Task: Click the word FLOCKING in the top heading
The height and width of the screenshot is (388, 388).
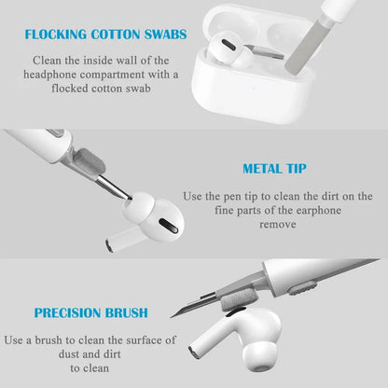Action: tap(58, 35)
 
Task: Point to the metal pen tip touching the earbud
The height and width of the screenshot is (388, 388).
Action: tap(124, 191)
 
